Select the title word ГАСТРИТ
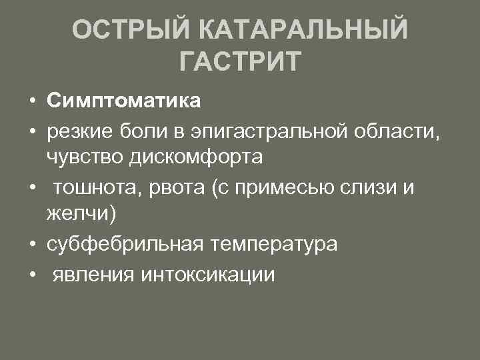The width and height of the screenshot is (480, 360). click(x=241, y=62)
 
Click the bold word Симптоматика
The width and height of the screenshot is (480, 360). click(x=123, y=101)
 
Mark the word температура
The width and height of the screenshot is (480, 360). click(x=274, y=244)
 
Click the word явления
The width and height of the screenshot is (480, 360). click(x=92, y=273)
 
